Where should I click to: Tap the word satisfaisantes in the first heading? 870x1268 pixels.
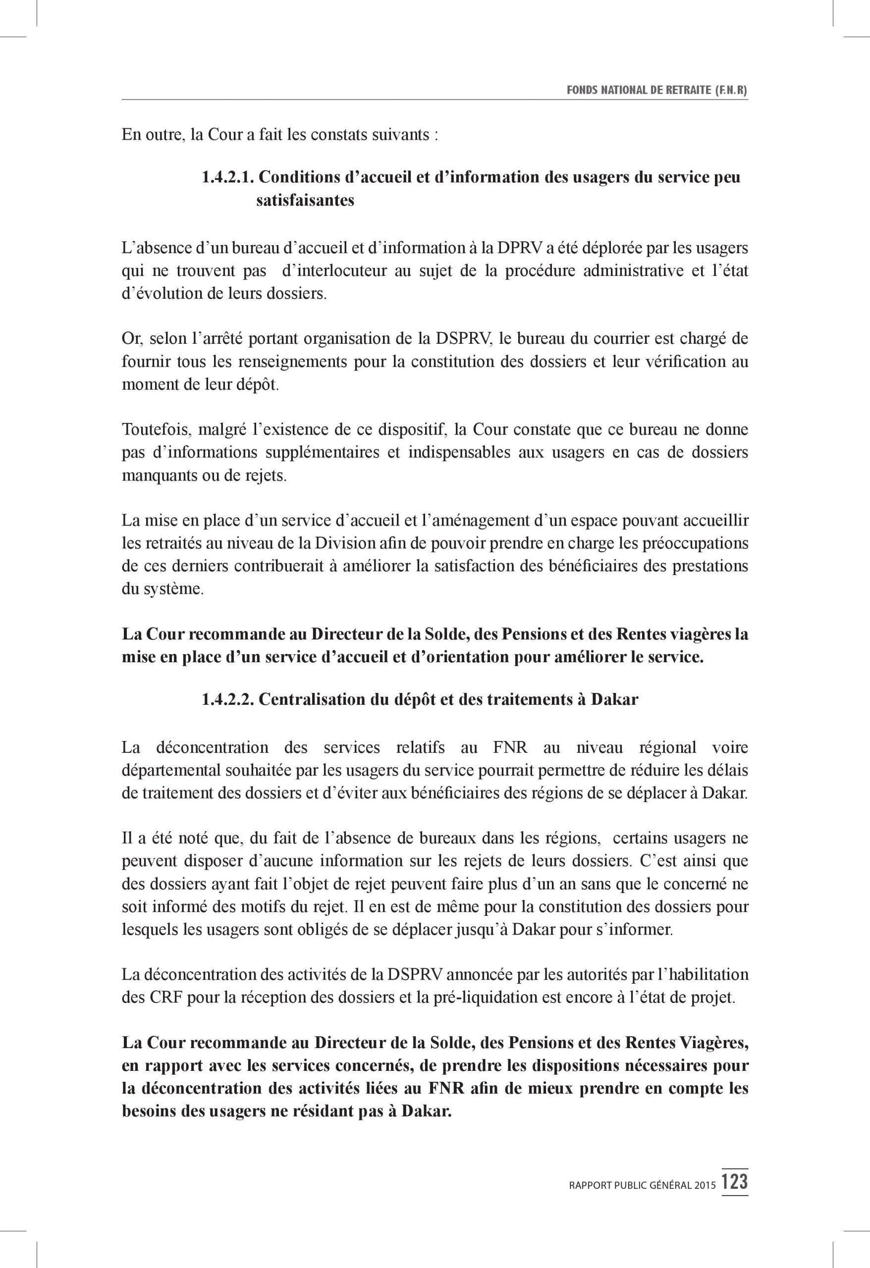pyautogui.click(x=305, y=200)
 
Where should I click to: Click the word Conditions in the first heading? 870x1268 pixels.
pyautogui.click(x=307, y=177)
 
